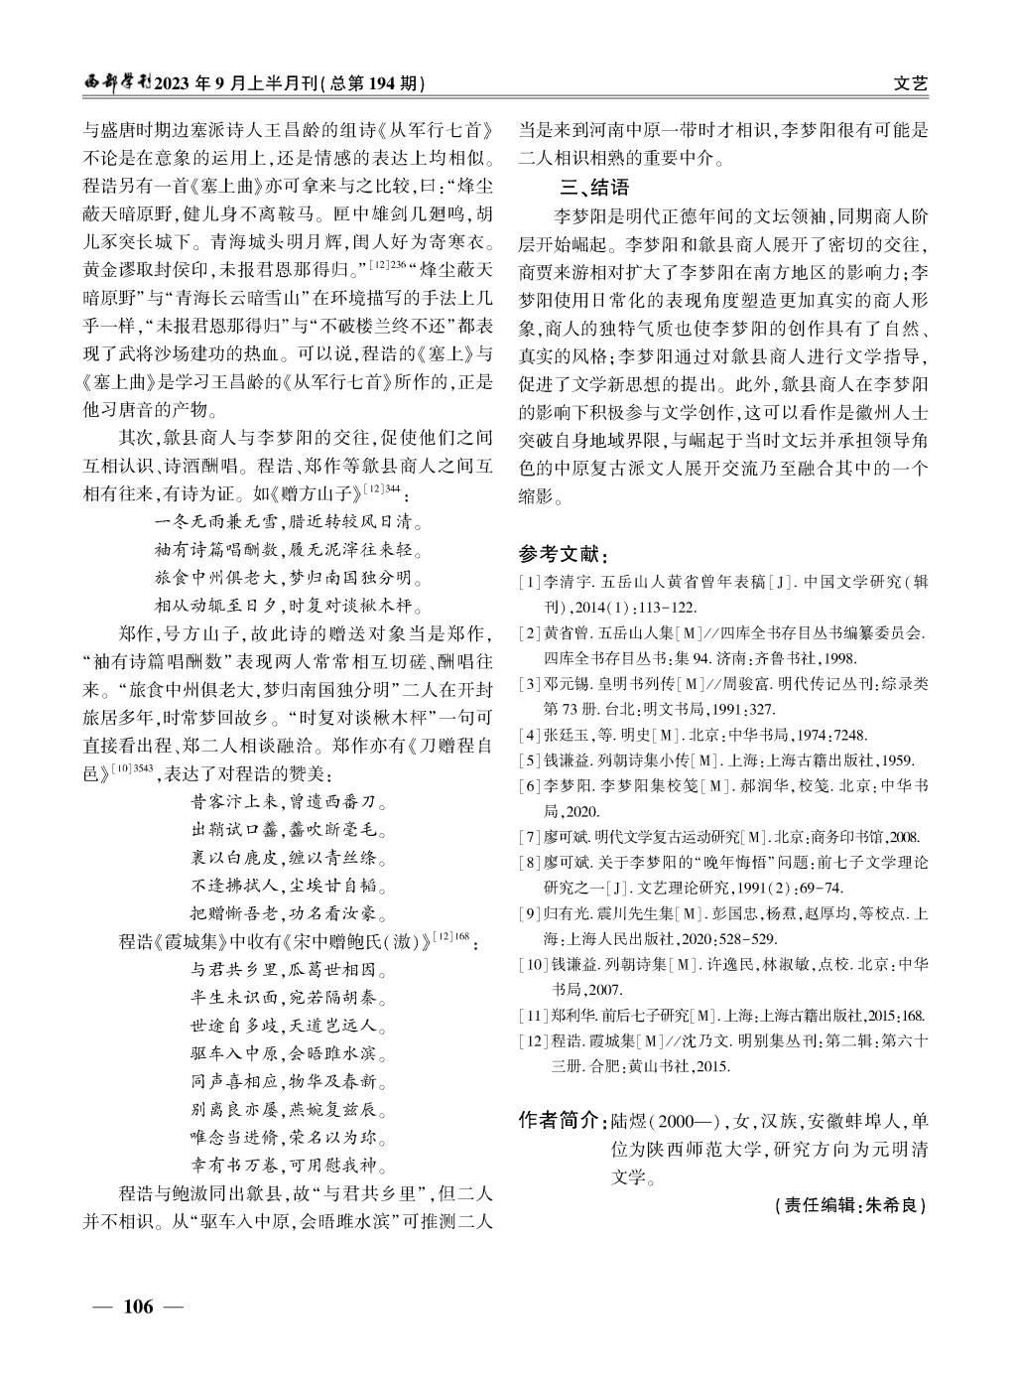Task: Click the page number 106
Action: (x=138, y=1307)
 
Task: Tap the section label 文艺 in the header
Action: (x=910, y=84)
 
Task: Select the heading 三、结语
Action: (x=595, y=187)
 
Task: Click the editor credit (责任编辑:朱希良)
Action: (x=848, y=1206)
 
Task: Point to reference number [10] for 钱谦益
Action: (x=533, y=963)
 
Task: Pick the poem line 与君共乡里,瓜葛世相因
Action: (x=288, y=969)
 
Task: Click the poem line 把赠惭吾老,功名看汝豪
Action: (x=288, y=912)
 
